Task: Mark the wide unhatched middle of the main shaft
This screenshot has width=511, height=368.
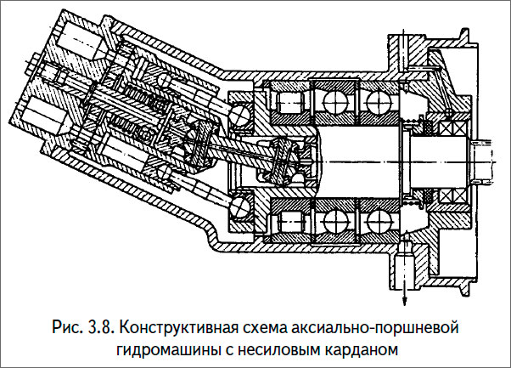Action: tap(357, 156)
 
